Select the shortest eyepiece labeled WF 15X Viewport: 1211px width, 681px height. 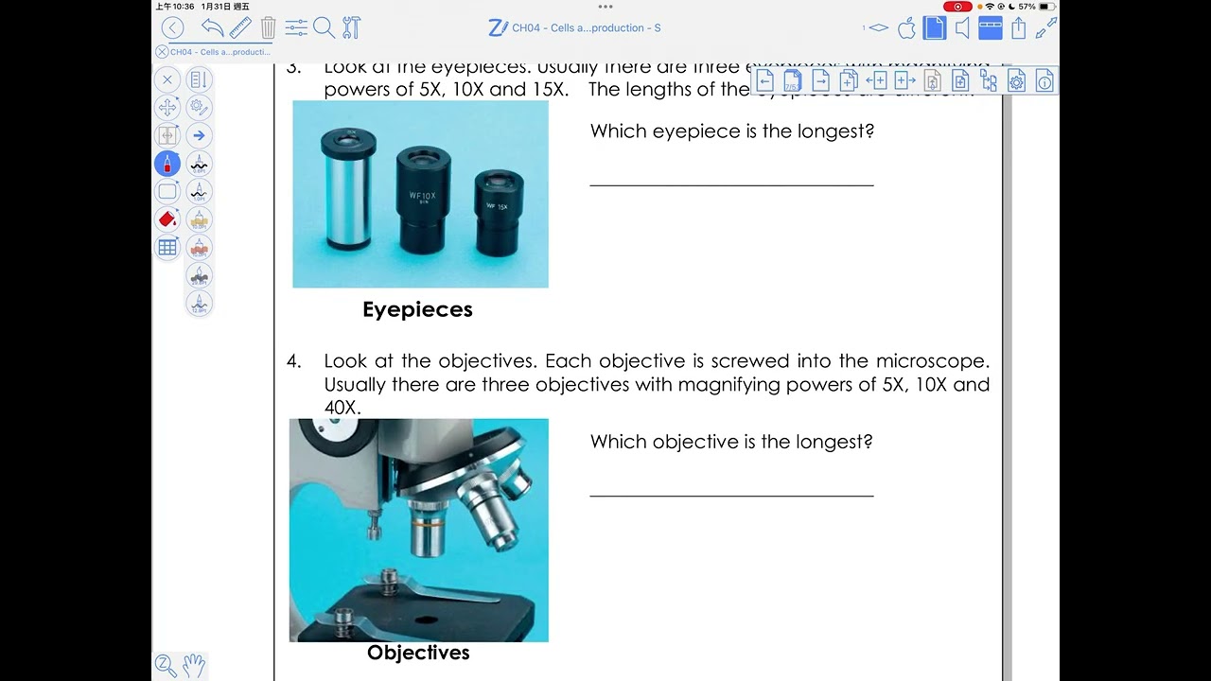click(x=499, y=213)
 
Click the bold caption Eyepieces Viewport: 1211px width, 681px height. click(x=417, y=309)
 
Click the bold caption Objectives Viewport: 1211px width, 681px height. click(x=418, y=653)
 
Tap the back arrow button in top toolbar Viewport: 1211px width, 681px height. click(x=172, y=28)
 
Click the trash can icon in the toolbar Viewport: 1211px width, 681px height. click(x=269, y=28)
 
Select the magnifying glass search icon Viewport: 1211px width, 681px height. click(x=324, y=28)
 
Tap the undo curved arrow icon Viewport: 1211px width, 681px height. click(x=213, y=28)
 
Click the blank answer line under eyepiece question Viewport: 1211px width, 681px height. click(x=731, y=184)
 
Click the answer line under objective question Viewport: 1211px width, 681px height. click(x=731, y=495)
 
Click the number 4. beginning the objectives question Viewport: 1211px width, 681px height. click(x=294, y=361)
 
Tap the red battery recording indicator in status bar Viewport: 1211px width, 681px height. click(x=957, y=7)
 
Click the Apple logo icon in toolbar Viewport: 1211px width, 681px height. click(x=906, y=28)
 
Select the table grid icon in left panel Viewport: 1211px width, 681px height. click(x=167, y=248)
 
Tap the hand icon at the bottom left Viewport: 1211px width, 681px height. click(x=193, y=665)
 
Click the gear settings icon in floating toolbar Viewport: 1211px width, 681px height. click(x=1016, y=81)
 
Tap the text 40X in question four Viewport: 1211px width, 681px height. click(x=342, y=408)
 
